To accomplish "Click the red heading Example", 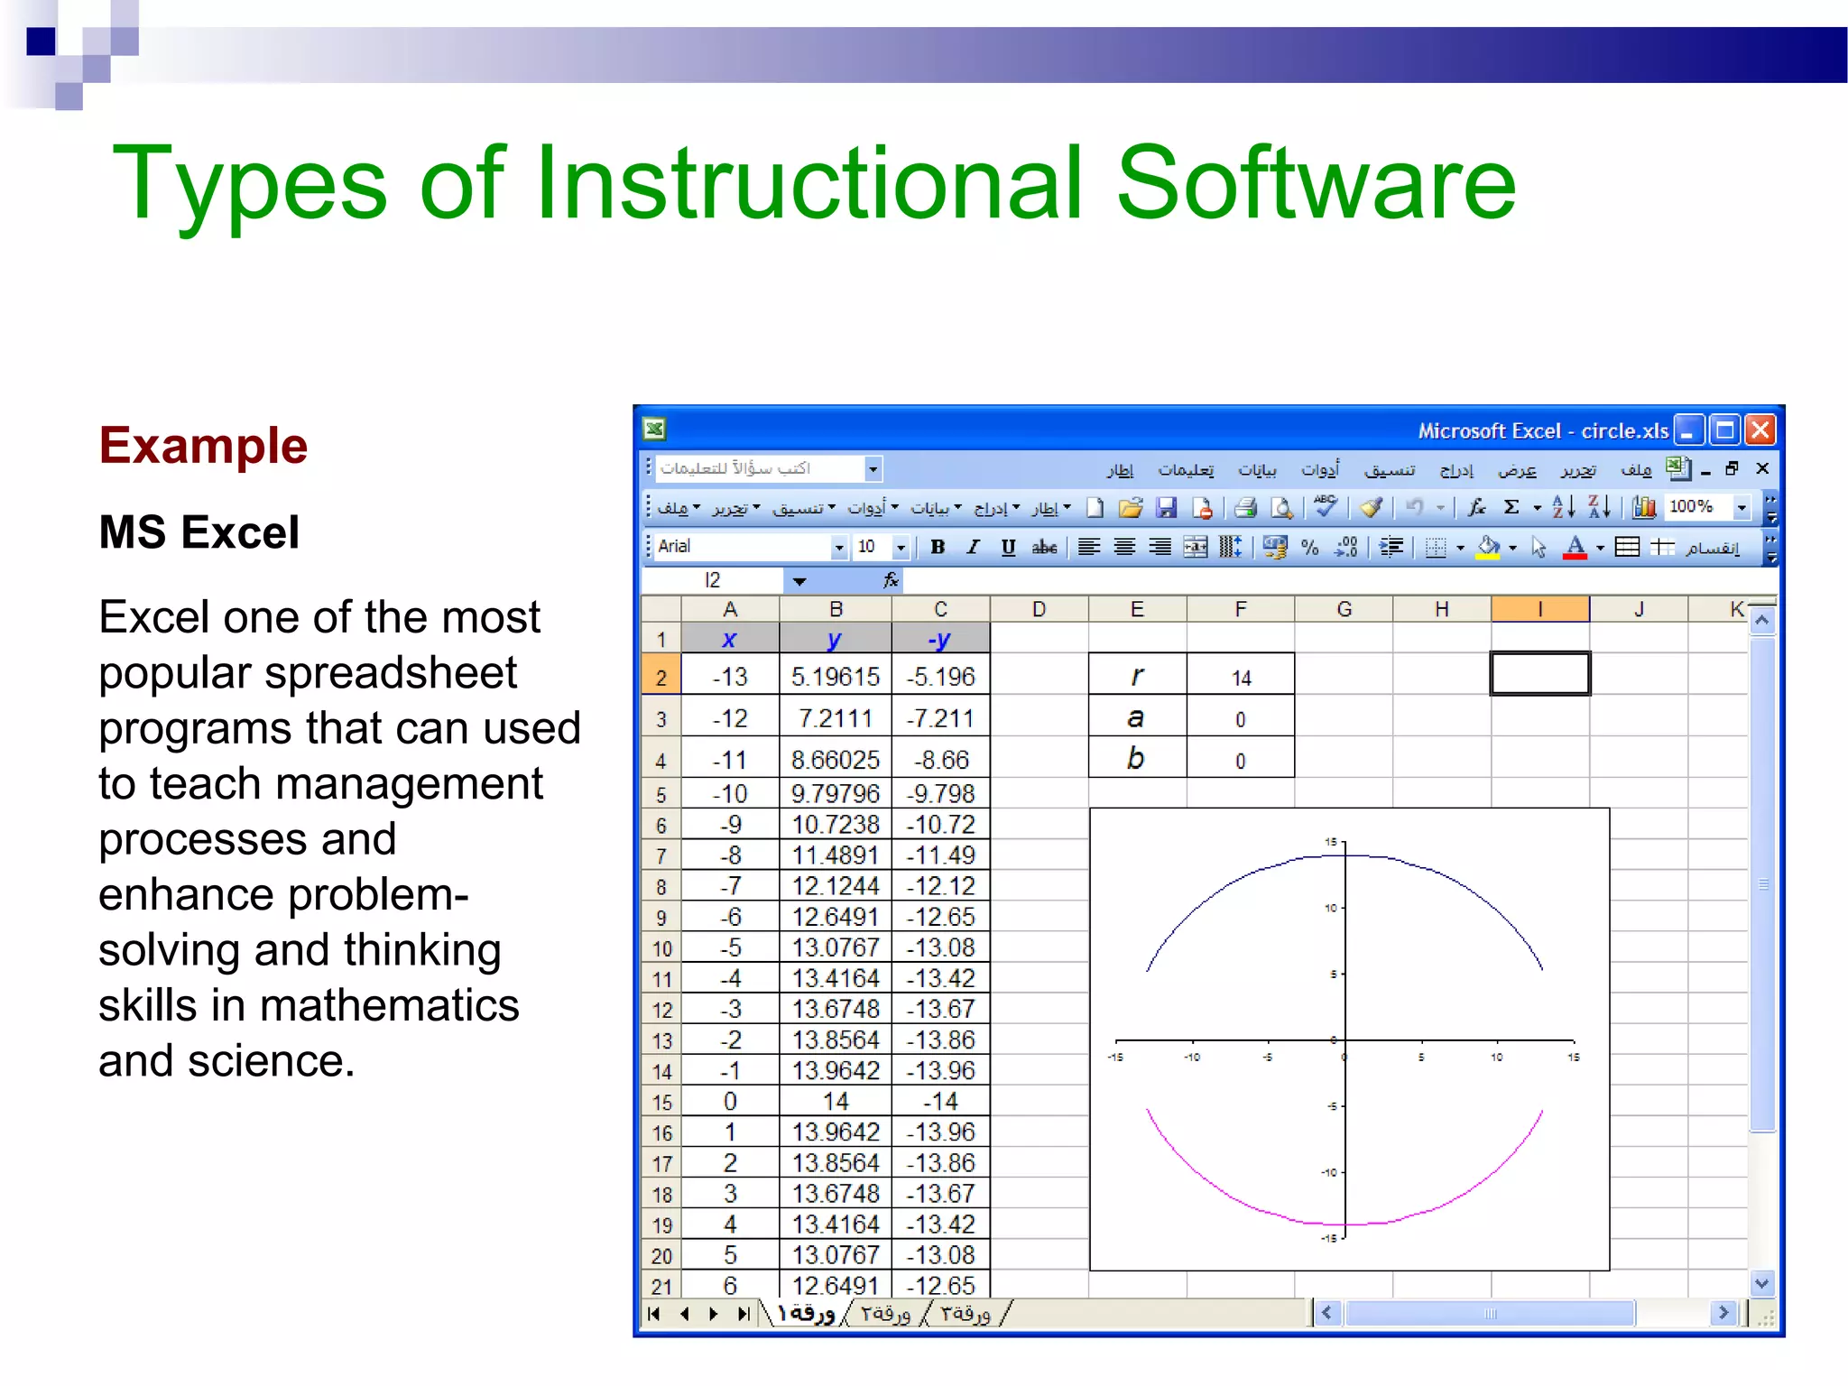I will pos(203,446).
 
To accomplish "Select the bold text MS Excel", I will pos(199,531).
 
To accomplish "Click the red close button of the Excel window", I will pos(1760,430).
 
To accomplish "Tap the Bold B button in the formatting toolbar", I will pos(938,547).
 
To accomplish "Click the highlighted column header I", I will pos(1539,609).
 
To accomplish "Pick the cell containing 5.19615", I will pos(835,677).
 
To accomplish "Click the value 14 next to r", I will pos(1241,678).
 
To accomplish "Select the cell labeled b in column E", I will pos(1136,759).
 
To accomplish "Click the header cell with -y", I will pos(939,640).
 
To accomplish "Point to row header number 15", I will pos(661,1102).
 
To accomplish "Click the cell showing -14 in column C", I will pos(939,1102).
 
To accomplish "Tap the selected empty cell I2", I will pos(1539,674).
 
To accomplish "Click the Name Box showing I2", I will pos(713,580).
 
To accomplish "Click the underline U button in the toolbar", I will pos(1008,547).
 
